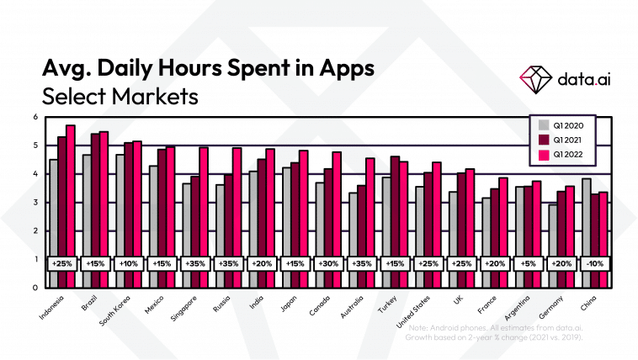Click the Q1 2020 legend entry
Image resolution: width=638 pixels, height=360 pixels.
pyautogui.click(x=562, y=125)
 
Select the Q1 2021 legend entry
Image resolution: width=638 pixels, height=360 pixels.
pyautogui.click(x=562, y=139)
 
